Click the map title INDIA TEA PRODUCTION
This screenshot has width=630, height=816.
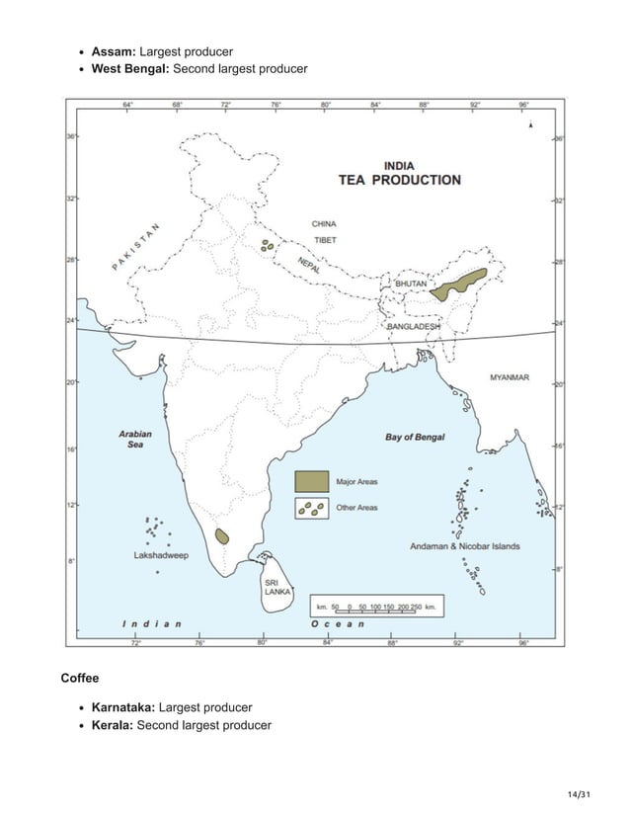click(399, 173)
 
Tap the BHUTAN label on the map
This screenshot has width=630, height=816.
click(411, 284)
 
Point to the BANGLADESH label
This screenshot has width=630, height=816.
click(414, 326)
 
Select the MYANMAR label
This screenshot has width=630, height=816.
click(510, 377)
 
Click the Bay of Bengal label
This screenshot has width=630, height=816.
click(414, 437)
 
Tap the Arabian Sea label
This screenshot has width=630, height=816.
click(134, 439)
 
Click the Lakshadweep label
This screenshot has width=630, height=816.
click(161, 555)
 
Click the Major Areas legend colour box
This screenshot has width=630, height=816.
click(312, 481)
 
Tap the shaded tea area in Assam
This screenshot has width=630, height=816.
click(463, 284)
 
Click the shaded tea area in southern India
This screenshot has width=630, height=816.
click(222, 535)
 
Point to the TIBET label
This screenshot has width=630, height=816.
click(325, 240)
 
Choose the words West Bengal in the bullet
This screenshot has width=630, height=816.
click(130, 68)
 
